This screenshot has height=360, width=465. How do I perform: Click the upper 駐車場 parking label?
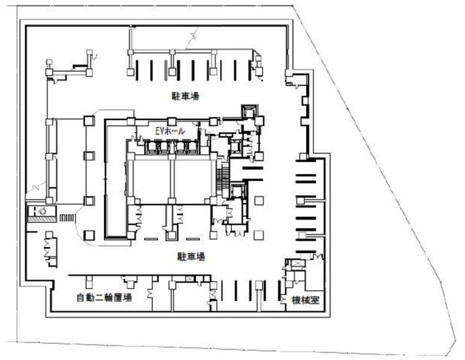pos(185,96)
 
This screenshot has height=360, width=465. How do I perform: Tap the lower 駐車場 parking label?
pos(191,256)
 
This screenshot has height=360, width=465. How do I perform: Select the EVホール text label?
pos(170,131)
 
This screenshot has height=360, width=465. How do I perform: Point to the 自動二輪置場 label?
pos(104,297)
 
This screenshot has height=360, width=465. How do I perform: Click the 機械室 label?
pos(305,300)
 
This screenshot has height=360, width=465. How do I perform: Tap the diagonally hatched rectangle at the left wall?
pos(42,219)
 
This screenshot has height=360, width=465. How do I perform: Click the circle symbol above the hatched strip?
pos(43,211)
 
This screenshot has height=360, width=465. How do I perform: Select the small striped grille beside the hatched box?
pos(67,218)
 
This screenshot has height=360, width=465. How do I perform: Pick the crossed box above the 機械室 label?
pos(297,264)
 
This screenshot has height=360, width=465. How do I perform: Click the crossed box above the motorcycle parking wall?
pos(189,279)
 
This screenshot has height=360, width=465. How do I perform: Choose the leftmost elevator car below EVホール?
pos(150,147)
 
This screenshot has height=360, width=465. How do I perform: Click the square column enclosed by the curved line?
pos(89,235)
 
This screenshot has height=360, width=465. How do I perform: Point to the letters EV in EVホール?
pos(160,131)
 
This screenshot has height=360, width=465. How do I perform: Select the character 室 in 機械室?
pos(315,300)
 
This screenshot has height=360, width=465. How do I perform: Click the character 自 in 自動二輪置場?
pos(81,297)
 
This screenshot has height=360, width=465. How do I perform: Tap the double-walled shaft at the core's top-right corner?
pos(250,111)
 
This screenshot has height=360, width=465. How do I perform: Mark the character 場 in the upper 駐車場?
pos(195,96)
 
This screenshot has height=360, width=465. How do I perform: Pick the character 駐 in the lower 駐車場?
pos(182,256)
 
